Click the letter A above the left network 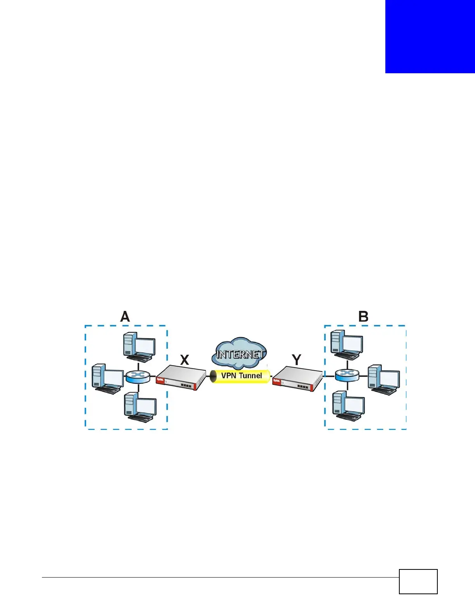tap(125, 317)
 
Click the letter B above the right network tap(363, 317)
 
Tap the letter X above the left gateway tap(185, 360)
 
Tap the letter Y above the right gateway tap(296, 360)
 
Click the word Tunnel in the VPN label tap(251, 375)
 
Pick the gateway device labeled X tap(181, 378)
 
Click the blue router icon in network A tap(138, 376)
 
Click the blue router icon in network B tap(347, 374)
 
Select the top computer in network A tap(139, 347)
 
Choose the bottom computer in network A tap(140, 407)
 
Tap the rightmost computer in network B tap(383, 379)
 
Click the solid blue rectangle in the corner tap(430, 36)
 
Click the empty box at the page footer tap(418, 581)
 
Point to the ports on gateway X tap(187, 385)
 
